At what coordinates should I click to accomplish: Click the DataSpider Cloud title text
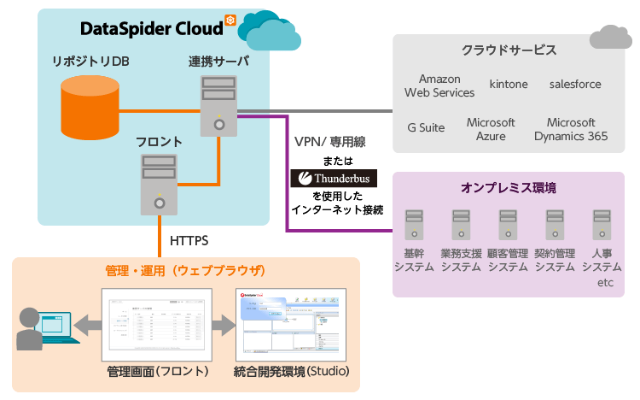(151, 28)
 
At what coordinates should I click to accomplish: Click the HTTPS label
(189, 241)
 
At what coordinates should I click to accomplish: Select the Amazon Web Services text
(439, 85)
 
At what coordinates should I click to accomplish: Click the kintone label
(509, 85)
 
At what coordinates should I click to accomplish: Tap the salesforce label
(575, 85)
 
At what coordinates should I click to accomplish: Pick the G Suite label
(426, 128)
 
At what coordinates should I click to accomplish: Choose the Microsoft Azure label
(491, 129)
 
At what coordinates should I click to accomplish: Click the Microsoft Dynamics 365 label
(571, 129)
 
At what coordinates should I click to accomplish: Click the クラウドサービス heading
(509, 50)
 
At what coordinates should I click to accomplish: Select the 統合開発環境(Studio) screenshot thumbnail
(291, 322)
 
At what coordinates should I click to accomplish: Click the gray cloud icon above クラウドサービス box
(610, 37)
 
